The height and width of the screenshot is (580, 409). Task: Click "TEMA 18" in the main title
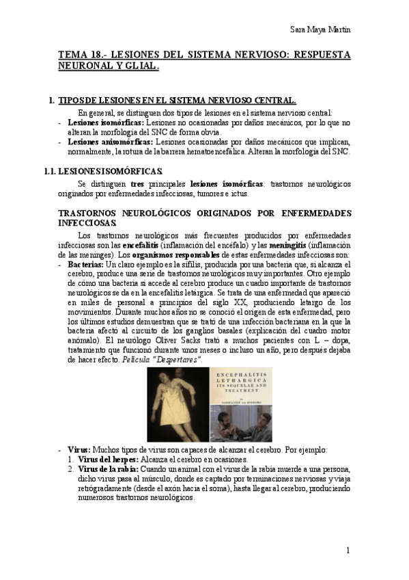click(79, 54)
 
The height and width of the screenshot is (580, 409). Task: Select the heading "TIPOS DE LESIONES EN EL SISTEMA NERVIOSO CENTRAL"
click(178, 101)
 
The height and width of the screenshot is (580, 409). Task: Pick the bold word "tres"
click(137, 184)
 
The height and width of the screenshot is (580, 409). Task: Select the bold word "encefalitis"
click(141, 245)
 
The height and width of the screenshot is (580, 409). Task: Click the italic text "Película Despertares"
click(170, 359)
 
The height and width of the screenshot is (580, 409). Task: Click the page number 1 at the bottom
click(348, 550)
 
